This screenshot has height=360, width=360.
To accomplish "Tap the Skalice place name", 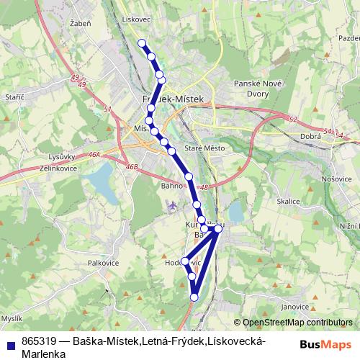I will [x=288, y=202].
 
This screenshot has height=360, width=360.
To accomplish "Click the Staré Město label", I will [x=205, y=148].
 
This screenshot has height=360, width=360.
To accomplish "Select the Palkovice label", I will [x=103, y=263].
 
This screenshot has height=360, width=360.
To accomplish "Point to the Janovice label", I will [x=294, y=307].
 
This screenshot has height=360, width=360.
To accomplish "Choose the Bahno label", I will [x=172, y=186].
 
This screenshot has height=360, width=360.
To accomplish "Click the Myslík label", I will [x=12, y=318].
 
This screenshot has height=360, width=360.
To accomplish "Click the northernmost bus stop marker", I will [x=143, y=42].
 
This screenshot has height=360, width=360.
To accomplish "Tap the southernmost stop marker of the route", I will [x=194, y=296].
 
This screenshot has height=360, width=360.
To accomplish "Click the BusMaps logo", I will [x=325, y=345].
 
